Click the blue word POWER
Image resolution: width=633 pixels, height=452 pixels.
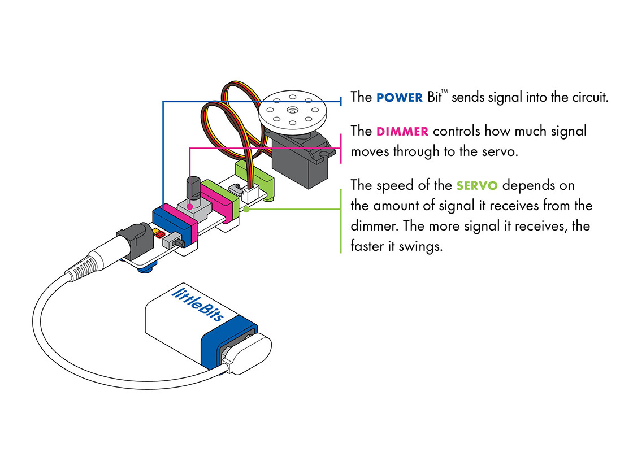pyautogui.click(x=399, y=97)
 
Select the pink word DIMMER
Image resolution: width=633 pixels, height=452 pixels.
pyautogui.click(x=403, y=132)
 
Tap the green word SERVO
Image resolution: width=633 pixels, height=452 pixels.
pyautogui.click(x=477, y=185)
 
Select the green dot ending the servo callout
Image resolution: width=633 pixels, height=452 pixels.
pyautogui.click(x=247, y=208)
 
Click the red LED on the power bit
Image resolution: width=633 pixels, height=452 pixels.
pyautogui.click(x=159, y=233)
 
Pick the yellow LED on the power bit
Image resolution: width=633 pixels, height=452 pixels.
pyautogui.click(x=154, y=230)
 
